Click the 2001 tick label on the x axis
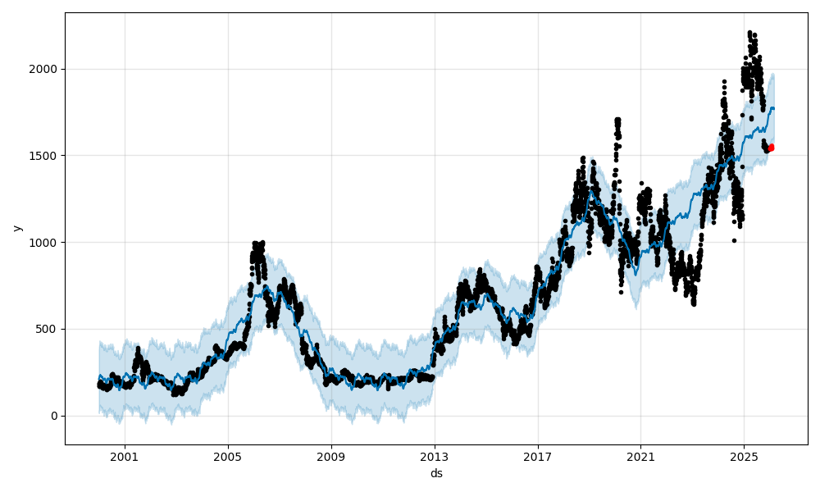tap(125, 457)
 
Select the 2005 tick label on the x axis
tap(228, 457)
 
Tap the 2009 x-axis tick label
tap(331, 457)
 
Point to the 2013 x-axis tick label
tap(435, 457)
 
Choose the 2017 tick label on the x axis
tap(538, 457)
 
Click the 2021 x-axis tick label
tap(640, 457)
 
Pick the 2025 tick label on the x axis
tap(744, 457)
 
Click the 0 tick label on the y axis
tap(54, 416)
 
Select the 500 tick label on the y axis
tap(48, 329)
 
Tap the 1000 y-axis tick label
tap(45, 243)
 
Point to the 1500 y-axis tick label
tap(45, 156)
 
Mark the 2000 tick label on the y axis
tap(45, 69)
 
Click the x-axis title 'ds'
tap(436, 473)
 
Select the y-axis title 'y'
tap(17, 228)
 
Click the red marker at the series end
tap(771, 148)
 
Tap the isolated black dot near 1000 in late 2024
tap(734, 240)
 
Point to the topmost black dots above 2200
tap(750, 33)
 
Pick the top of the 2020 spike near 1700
tap(617, 120)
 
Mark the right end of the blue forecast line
tap(773, 108)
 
